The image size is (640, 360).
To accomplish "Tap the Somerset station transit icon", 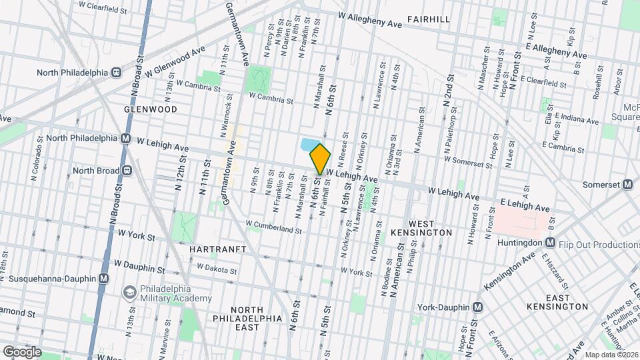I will (627, 185).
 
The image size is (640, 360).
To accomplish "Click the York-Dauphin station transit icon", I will (477, 307).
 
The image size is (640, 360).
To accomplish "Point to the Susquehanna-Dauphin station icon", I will (103, 279).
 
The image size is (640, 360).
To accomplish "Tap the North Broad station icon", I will (126, 170).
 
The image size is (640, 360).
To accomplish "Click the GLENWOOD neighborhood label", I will (150, 109).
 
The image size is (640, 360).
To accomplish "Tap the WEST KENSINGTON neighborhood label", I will (430, 227).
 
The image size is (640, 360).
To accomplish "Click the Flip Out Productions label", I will (598, 245).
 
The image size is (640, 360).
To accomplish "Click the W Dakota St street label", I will (217, 269).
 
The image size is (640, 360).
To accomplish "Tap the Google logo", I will (22, 351).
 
